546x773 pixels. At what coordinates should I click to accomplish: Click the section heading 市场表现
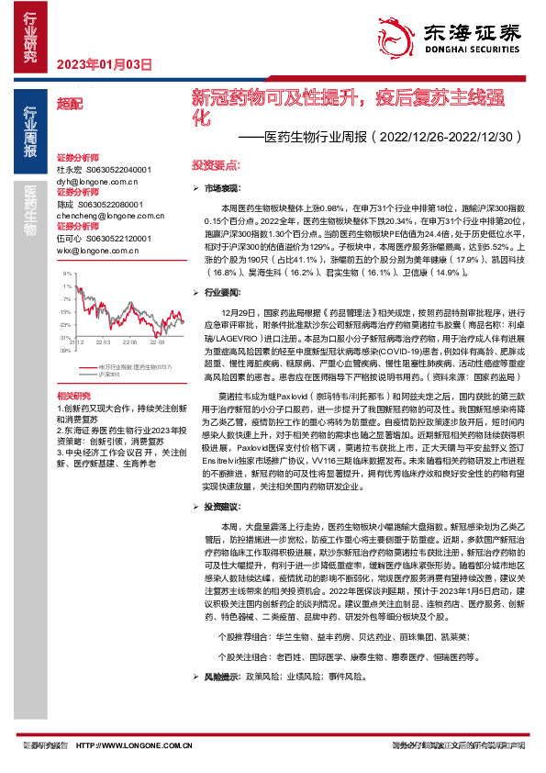223,187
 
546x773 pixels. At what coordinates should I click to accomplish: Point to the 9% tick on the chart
66,274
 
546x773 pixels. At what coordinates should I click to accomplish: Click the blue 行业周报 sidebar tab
30,132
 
